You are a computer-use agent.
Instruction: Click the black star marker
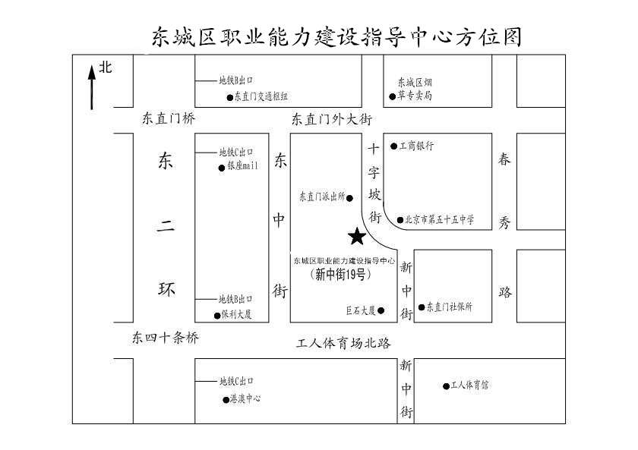click(x=356, y=238)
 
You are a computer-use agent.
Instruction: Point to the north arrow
click(x=92, y=87)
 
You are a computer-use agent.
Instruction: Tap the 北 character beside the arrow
click(x=106, y=68)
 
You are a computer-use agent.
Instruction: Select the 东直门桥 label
click(x=169, y=118)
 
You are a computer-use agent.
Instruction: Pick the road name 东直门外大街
click(x=332, y=118)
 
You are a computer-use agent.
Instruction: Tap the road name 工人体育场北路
click(x=343, y=344)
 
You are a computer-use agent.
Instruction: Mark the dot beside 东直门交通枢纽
click(x=229, y=97)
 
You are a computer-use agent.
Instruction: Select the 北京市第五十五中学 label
click(x=441, y=220)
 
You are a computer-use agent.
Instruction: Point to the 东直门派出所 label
click(x=322, y=197)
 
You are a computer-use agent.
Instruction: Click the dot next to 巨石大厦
click(x=381, y=310)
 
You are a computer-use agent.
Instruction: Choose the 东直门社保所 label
click(x=450, y=307)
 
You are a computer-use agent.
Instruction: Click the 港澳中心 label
click(x=245, y=398)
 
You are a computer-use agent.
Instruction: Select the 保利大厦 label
click(x=236, y=314)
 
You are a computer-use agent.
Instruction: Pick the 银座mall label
click(x=243, y=165)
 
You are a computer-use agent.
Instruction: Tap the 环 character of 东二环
click(x=166, y=289)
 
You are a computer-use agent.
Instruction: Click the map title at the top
click(x=336, y=36)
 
